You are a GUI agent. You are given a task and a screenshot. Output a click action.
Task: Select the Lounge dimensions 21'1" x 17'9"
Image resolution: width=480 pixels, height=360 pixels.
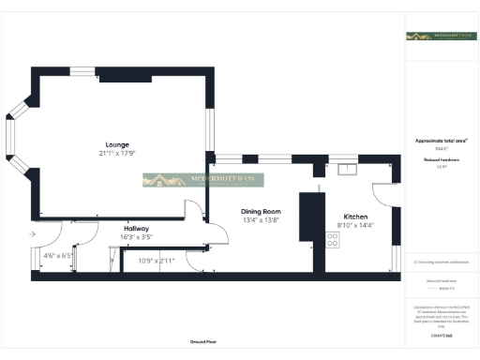[117, 153]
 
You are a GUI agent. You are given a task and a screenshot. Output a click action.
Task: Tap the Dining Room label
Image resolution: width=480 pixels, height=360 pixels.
[261, 212]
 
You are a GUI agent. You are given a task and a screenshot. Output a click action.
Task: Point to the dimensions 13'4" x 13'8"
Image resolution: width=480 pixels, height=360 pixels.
[261, 219]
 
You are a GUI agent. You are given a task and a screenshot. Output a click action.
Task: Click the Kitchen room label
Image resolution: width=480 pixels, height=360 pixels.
[355, 217]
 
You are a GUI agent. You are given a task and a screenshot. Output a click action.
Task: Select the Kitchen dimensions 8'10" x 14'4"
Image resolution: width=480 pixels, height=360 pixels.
[355, 225]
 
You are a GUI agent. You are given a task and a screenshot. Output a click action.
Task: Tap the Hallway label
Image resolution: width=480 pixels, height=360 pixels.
[137, 228]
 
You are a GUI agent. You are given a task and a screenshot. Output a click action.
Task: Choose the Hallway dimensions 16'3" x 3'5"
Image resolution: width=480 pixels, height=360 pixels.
[137, 236]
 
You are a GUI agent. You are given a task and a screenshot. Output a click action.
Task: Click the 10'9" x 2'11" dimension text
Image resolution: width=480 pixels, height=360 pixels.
[157, 261]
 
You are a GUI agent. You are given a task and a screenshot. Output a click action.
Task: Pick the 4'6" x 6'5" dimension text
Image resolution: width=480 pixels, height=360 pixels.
[57, 255]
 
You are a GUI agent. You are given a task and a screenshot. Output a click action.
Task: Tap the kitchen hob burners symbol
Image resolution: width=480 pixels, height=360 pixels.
[332, 239]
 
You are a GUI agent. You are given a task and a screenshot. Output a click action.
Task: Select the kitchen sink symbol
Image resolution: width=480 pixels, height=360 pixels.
[349, 170]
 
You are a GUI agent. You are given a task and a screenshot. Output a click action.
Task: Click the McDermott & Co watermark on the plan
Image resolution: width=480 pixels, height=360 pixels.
[203, 180]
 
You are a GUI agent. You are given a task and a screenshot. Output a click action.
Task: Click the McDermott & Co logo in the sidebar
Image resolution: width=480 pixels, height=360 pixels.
[440, 37]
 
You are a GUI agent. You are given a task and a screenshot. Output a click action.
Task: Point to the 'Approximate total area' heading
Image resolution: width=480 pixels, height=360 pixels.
[441, 141]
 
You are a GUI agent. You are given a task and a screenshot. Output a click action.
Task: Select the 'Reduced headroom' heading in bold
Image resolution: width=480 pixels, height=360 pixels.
[440, 160]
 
